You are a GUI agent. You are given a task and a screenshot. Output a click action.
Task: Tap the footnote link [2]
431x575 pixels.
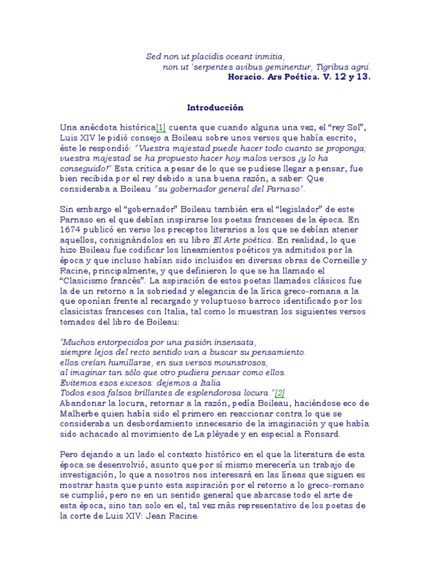pos(280,393)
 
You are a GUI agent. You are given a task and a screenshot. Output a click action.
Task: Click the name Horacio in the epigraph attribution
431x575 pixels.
pos(248,77)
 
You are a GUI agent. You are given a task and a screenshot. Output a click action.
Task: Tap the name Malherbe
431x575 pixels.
pos(79,413)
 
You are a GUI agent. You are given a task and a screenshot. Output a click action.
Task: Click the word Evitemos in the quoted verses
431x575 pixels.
pos(78,382)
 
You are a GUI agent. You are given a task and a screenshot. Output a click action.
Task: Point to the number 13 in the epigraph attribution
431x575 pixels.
pos(362,77)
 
